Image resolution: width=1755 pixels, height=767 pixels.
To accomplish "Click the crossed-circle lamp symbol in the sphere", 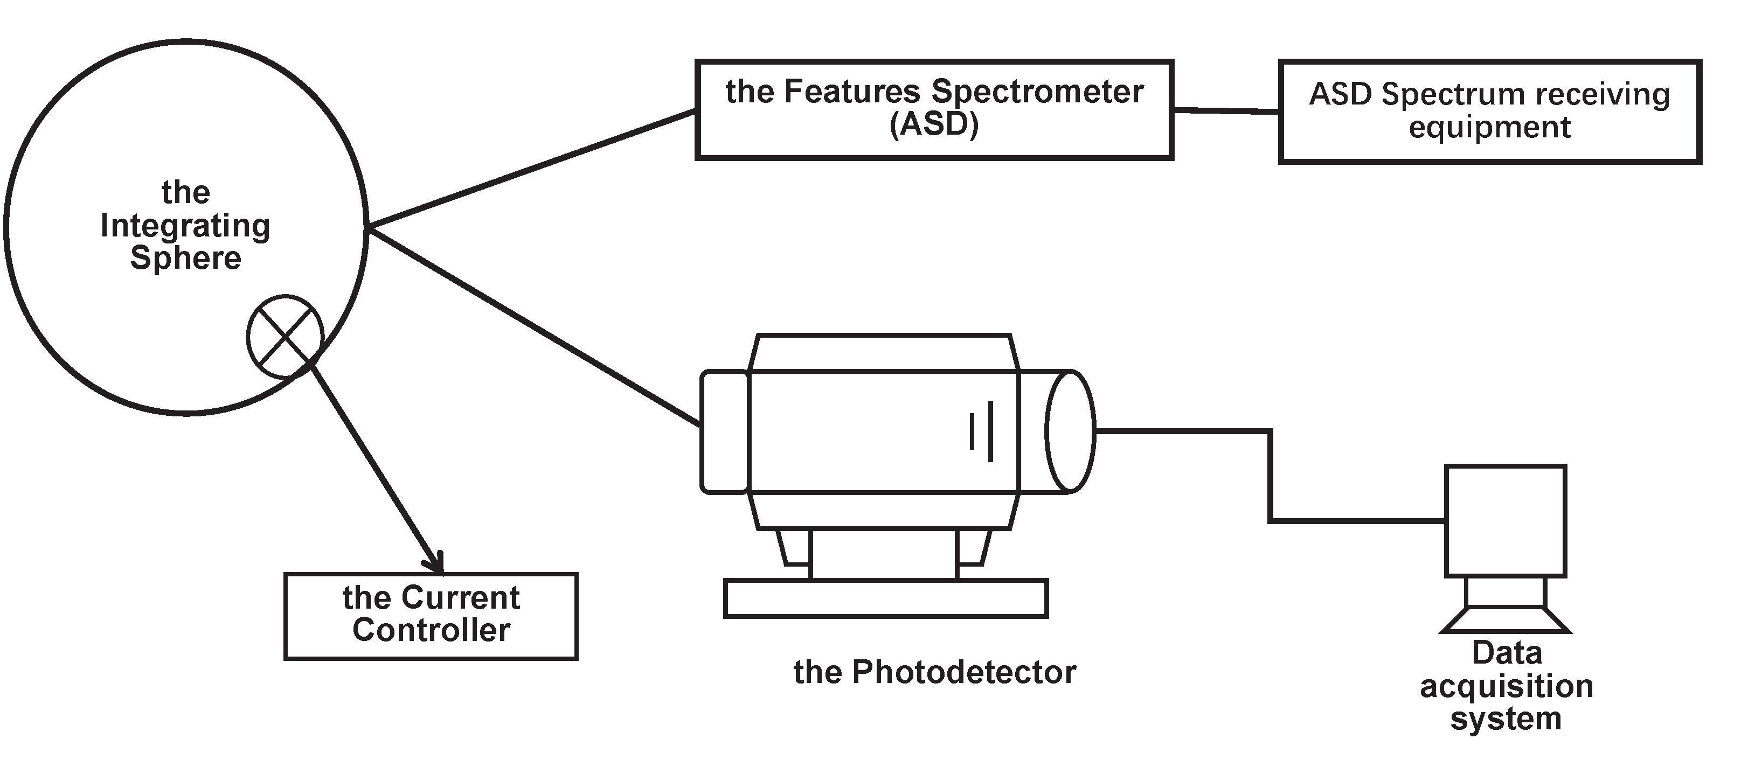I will tap(285, 337).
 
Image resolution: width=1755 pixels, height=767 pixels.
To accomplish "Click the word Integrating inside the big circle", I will tap(185, 226).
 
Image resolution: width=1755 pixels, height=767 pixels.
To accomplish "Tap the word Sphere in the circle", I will tap(185, 258).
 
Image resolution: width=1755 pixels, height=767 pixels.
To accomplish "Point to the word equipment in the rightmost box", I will tap(1489, 127).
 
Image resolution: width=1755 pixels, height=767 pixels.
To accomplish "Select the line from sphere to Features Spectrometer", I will tap(531, 168).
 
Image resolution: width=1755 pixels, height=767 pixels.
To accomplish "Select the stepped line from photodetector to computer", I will tap(1270, 477).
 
